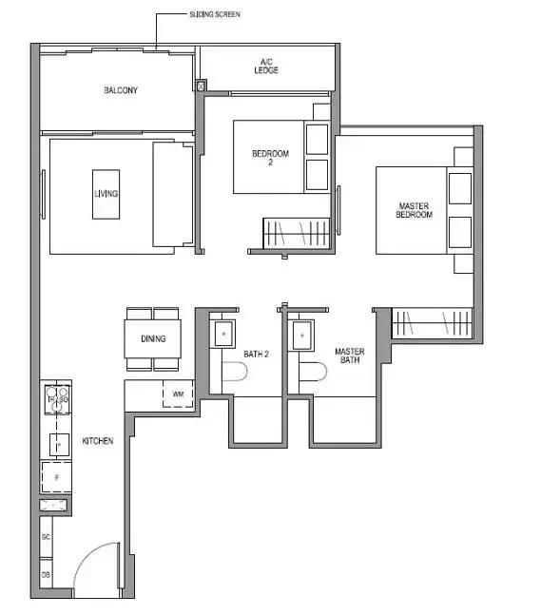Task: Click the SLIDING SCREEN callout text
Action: (215, 14)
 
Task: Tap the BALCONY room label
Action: (121, 90)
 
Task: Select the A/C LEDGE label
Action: (266, 67)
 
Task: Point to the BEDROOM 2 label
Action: (270, 157)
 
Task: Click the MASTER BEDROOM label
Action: (414, 210)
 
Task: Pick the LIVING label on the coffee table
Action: (106, 193)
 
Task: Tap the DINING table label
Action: (153, 338)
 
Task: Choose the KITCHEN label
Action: (98, 441)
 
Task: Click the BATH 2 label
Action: (257, 355)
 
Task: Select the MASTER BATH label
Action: (350, 356)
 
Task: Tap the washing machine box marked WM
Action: (178, 394)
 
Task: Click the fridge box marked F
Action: (57, 477)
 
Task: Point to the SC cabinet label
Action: (46, 537)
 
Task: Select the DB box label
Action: (46, 575)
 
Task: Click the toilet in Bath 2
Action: (235, 371)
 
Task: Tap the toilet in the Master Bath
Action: (313, 371)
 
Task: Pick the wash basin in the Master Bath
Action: (302, 336)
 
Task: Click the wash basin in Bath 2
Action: (223, 335)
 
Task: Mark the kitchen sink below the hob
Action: (59, 445)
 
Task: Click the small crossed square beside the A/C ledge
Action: (201, 86)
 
